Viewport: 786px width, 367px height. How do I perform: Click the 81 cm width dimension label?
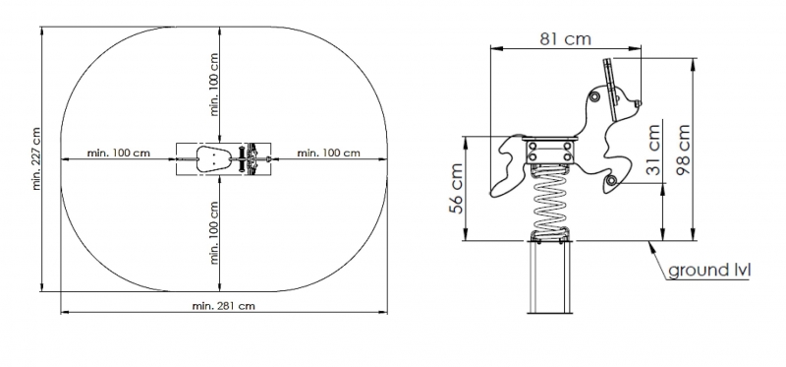coord(565,38)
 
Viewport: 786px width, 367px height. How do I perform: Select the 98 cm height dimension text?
coord(683,150)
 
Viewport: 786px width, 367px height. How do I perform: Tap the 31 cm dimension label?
coord(652,150)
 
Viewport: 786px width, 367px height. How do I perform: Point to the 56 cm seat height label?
coord(456,188)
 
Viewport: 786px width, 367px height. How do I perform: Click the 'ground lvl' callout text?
coord(709,271)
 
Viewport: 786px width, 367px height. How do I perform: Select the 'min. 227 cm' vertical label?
coord(36,158)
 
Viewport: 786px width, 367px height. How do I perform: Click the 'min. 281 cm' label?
coord(223,306)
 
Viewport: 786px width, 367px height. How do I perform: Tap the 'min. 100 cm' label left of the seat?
coord(118,153)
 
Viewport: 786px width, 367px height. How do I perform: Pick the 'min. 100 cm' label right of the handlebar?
coord(328,153)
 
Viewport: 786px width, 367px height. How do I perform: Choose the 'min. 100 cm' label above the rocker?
coord(214,85)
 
